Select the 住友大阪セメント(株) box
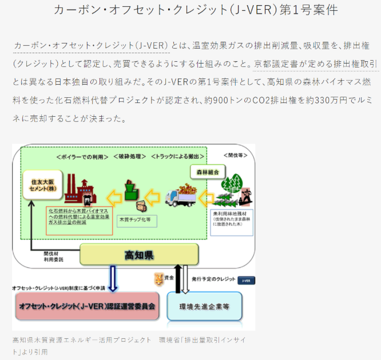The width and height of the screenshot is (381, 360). tap(42, 185)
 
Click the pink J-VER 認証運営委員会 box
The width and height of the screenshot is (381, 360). tap(86, 306)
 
